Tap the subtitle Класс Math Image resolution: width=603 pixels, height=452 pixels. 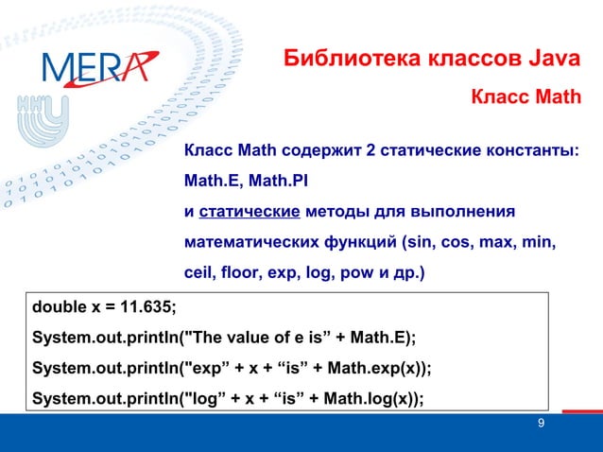525,97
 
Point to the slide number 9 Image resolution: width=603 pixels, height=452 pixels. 540,423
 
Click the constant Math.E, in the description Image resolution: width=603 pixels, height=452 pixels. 214,181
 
